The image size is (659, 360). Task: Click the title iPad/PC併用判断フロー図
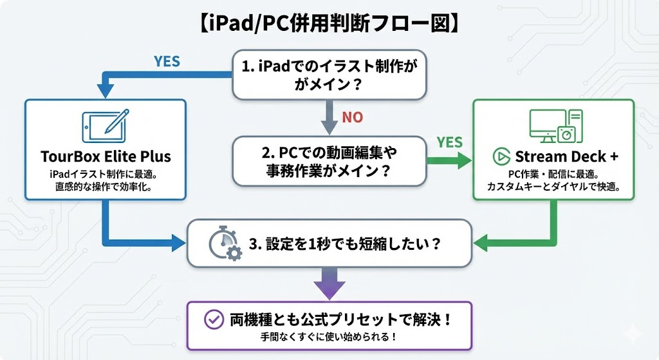click(x=329, y=24)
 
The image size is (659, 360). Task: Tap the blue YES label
click(x=167, y=62)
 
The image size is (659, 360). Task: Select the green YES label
click(x=450, y=142)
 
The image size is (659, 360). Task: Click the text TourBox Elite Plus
click(x=105, y=156)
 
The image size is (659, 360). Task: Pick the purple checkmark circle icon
click(x=213, y=319)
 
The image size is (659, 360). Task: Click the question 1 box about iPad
click(x=329, y=75)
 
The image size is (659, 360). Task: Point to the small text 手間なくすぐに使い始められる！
click(x=329, y=336)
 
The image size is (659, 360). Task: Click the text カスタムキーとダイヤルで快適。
click(x=554, y=187)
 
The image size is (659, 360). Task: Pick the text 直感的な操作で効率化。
click(x=105, y=187)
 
